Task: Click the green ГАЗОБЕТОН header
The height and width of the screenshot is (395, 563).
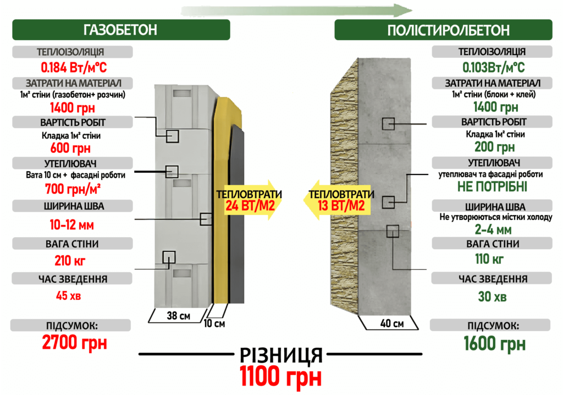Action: [x=121, y=30]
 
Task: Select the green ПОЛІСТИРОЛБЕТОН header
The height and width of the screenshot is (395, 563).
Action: [x=444, y=30]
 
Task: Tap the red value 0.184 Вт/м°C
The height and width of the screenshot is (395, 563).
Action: [x=74, y=67]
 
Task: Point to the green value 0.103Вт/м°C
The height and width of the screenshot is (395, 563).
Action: [x=493, y=67]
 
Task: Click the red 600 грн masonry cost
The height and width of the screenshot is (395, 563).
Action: [x=70, y=148]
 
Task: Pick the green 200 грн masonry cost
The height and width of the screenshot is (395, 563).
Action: [x=494, y=147]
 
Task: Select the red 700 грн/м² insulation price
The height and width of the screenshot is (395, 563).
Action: [x=73, y=189]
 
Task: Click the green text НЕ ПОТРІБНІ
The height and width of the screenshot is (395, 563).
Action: [x=492, y=186]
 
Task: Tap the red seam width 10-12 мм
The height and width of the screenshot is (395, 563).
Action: [x=72, y=225]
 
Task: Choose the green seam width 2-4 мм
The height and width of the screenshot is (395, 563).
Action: [x=493, y=229]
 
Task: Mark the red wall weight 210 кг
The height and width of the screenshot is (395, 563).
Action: [x=70, y=261]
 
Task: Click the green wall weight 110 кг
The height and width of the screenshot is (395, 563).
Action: [x=489, y=259]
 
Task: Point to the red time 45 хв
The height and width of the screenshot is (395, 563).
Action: [x=68, y=296]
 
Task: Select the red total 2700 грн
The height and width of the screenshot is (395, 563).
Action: [x=74, y=342]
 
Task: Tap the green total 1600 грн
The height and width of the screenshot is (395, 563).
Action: [x=494, y=343]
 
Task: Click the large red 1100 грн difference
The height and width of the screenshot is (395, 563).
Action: [x=280, y=376]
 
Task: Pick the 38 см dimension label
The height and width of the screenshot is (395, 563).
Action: [x=179, y=316]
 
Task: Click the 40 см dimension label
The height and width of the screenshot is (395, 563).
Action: [x=391, y=323]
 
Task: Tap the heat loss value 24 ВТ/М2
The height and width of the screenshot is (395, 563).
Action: [x=250, y=206]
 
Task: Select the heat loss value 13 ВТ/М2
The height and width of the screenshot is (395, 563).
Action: [x=341, y=206]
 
